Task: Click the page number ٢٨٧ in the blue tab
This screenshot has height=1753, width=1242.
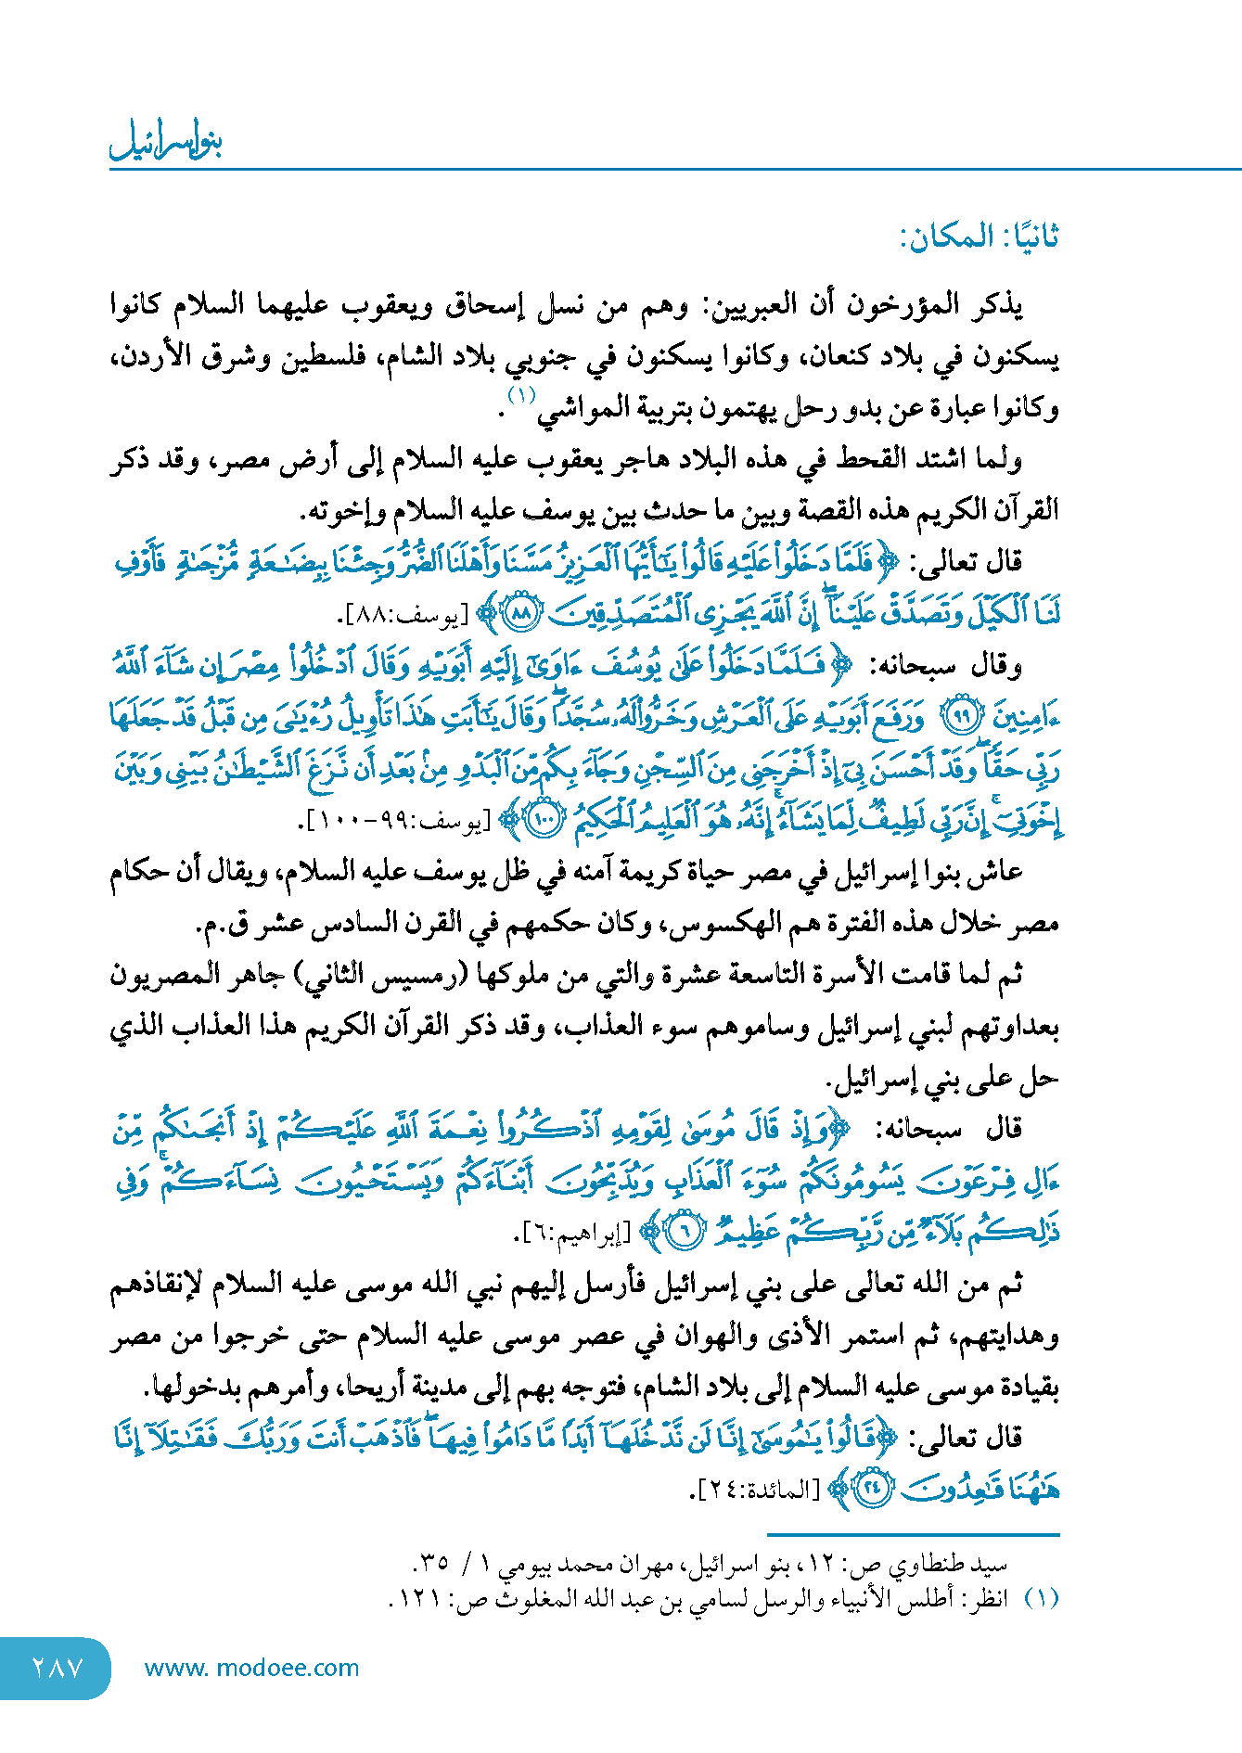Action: tap(58, 1668)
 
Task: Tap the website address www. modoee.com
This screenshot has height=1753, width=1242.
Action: tap(251, 1668)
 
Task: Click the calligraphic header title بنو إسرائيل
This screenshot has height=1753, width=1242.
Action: tap(167, 142)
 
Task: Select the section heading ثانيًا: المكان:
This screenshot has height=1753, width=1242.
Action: tap(980, 237)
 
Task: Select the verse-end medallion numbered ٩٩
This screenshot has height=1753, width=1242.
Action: tap(961, 716)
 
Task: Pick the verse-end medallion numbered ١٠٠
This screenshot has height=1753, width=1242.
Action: tap(543, 820)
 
